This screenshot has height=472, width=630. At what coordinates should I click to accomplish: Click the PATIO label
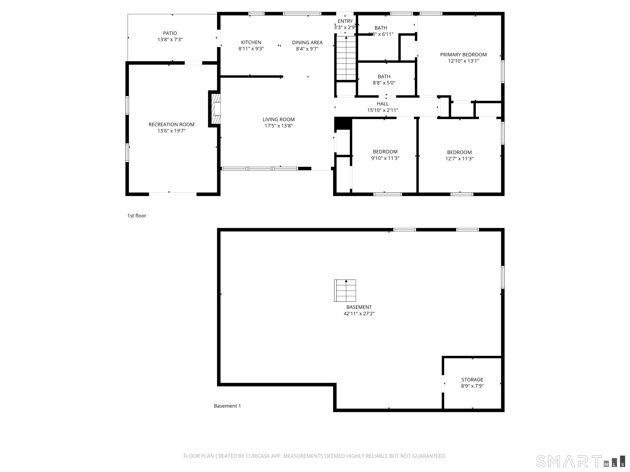click(170, 33)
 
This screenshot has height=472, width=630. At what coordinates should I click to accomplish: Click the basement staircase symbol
click(345, 290)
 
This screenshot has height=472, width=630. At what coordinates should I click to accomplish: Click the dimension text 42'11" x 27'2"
click(359, 313)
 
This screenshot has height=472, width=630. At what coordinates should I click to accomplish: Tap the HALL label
click(382, 104)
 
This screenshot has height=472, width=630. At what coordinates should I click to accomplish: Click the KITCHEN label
click(251, 42)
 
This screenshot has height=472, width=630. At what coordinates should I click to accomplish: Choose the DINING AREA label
click(307, 42)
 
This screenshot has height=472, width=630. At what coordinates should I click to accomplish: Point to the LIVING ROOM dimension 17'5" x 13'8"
click(278, 126)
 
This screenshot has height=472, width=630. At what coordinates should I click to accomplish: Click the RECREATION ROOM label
click(171, 124)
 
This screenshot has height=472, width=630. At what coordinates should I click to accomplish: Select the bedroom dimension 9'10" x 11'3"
click(385, 158)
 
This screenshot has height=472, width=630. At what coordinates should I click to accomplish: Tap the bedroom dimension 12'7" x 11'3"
click(459, 159)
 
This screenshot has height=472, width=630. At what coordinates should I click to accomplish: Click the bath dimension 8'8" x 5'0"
click(384, 83)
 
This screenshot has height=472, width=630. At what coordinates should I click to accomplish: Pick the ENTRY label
click(345, 21)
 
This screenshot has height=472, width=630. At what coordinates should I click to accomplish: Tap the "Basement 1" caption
click(227, 406)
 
